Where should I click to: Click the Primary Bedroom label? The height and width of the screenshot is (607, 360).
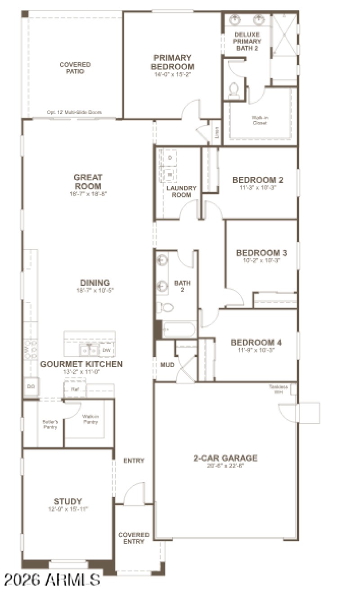tap(172, 62)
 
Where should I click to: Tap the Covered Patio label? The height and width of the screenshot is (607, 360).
tap(75, 68)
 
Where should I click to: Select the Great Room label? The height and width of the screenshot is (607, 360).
tap(88, 182)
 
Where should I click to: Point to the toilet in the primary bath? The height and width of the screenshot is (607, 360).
tap(234, 90)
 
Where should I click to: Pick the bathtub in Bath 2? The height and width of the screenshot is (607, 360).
tap(179, 329)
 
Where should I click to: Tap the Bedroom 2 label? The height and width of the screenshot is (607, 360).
tap(257, 180)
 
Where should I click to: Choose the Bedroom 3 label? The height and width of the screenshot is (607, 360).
tap(261, 253)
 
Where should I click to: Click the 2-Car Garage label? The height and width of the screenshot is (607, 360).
tap(225, 459)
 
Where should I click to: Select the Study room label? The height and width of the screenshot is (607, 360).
tap(68, 501)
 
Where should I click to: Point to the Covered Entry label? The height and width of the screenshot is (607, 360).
tap(134, 538)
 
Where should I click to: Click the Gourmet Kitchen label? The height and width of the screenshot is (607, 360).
tap(81, 364)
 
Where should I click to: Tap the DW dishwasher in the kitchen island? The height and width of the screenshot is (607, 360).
tap(106, 350)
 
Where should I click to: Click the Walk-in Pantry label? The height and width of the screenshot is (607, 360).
tap(90, 419)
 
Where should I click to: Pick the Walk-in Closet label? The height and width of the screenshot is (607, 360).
tap(260, 120)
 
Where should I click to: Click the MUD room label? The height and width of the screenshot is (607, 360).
tap(167, 365)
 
